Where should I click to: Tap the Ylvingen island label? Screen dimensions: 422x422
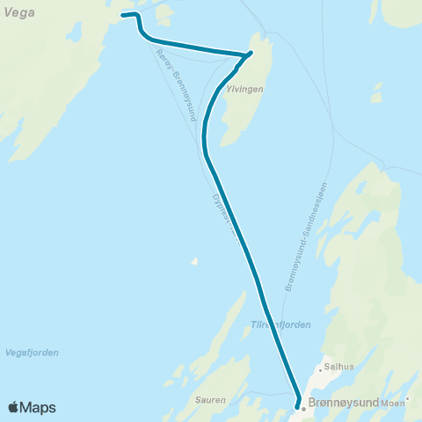coord(245,89)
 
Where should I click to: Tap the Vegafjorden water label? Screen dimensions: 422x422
coord(31,353)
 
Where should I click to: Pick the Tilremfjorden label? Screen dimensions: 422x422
coord(281,324)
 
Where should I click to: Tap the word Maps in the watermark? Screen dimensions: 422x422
coord(40,407)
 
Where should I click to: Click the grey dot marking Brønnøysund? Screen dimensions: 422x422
coord(303,409)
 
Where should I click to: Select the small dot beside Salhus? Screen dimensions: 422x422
coord(320,370)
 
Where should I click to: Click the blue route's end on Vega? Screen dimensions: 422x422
coord(122,16)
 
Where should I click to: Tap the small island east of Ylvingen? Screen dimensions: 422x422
coord(377,92)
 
